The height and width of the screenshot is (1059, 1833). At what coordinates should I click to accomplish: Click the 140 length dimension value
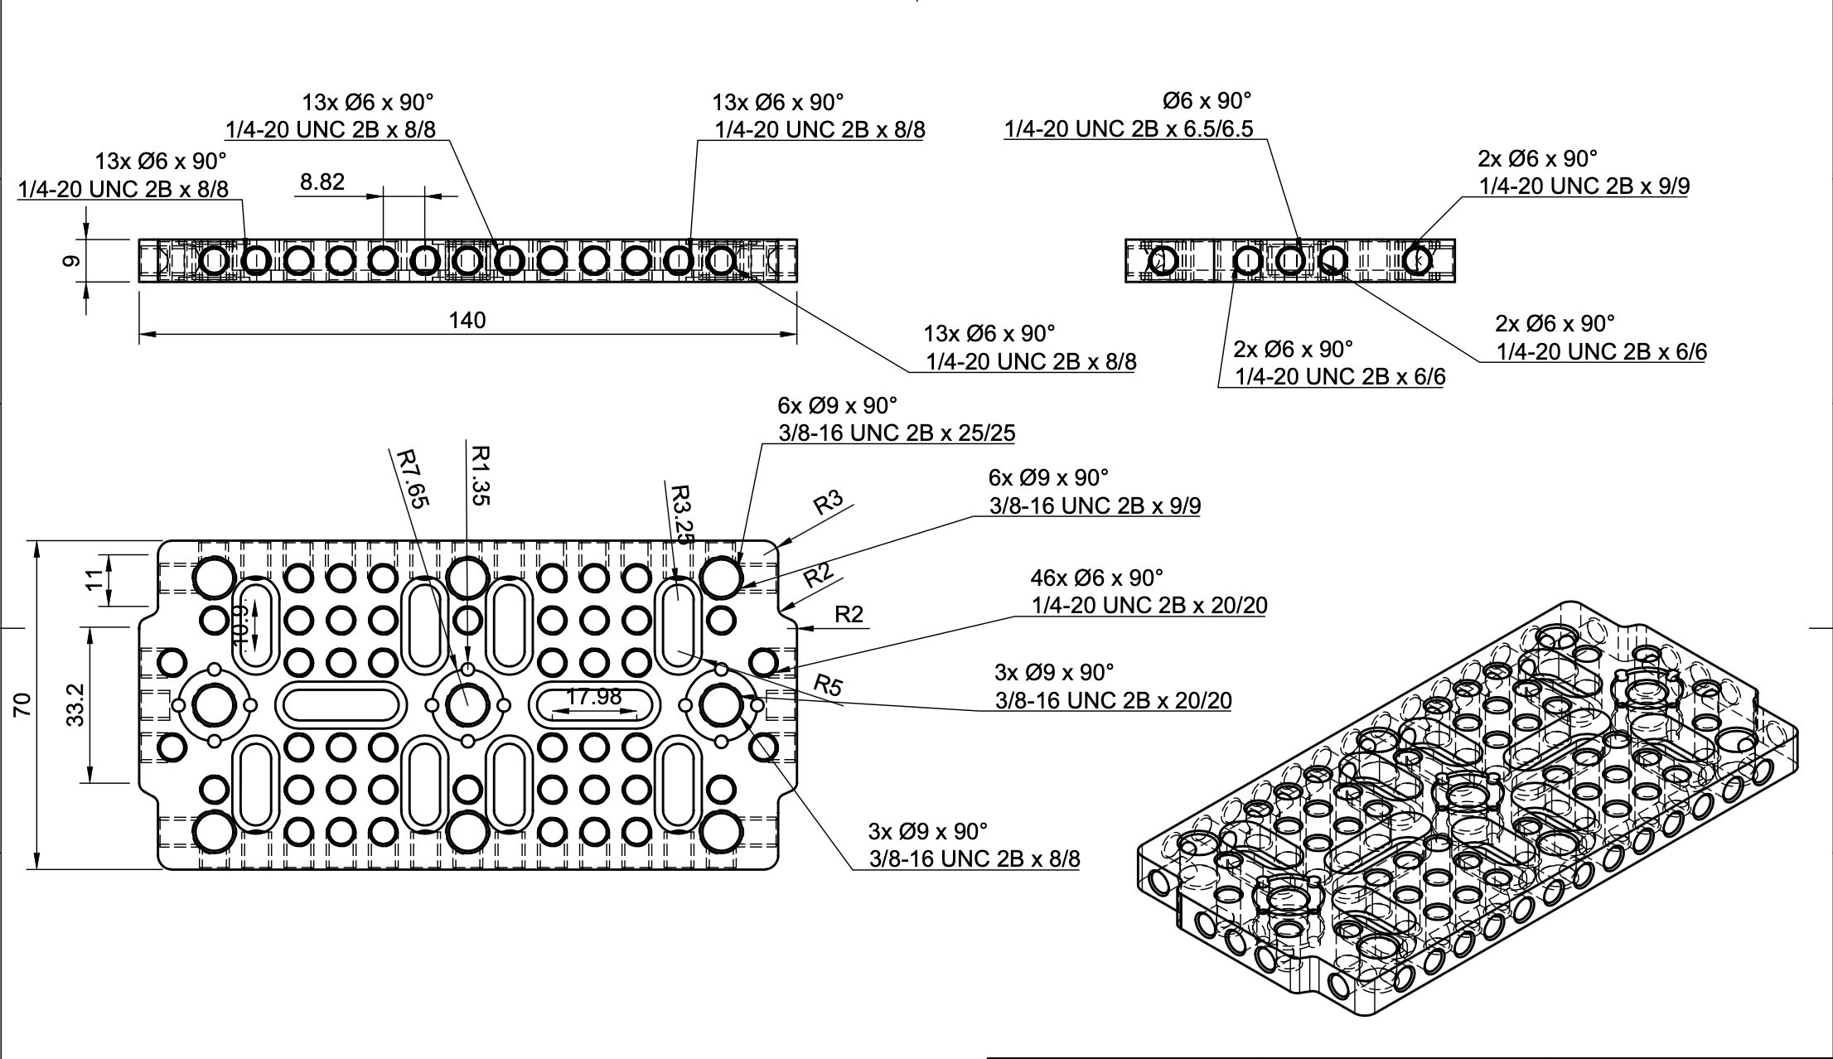click(x=467, y=321)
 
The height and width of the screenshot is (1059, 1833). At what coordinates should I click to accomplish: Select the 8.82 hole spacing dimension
click(x=322, y=182)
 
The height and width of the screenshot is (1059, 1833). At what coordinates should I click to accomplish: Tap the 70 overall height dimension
click(x=23, y=704)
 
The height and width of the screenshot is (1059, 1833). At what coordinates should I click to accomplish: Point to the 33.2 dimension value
click(x=75, y=704)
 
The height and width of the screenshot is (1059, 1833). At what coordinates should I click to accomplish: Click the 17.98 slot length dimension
click(x=593, y=698)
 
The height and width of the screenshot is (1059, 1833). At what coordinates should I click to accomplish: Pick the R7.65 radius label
click(x=411, y=477)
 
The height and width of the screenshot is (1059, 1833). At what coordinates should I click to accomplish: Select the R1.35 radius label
click(x=480, y=476)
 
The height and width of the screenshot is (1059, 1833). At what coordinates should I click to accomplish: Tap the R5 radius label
click(x=828, y=686)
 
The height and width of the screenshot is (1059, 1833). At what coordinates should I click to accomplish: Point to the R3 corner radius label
click(x=828, y=502)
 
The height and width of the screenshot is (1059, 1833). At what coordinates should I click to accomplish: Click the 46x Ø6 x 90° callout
click(x=1096, y=577)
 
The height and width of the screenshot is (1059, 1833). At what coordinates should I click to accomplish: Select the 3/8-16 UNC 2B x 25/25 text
click(x=897, y=433)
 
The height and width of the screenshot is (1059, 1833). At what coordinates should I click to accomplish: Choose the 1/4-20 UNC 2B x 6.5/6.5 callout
click(x=1129, y=129)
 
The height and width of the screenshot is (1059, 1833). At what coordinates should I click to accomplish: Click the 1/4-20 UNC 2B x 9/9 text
click(x=1584, y=186)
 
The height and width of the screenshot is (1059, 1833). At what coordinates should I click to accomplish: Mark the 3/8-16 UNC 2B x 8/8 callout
click(x=975, y=858)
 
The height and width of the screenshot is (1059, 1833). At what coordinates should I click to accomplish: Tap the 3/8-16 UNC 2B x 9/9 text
click(x=1095, y=505)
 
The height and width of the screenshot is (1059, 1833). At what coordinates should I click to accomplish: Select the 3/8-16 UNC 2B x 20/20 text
click(x=1113, y=701)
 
